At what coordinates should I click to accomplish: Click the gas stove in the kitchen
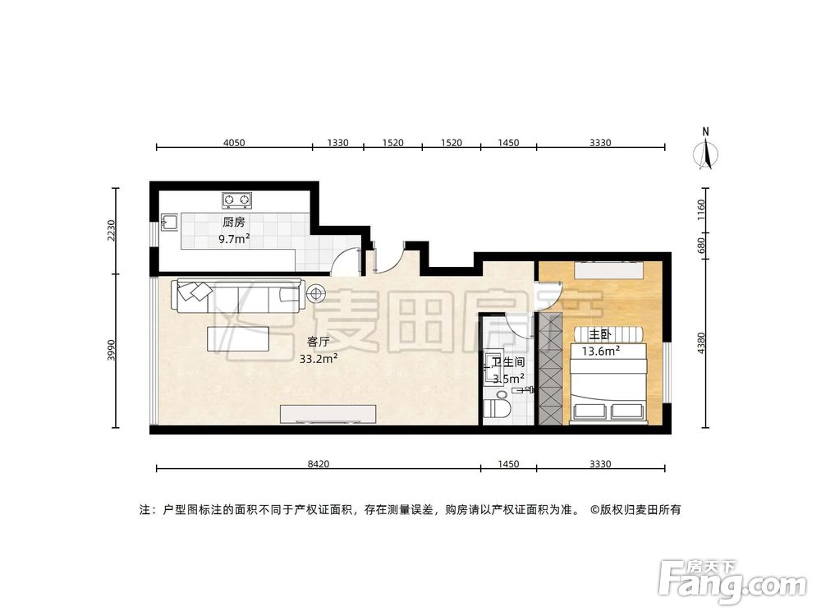[236, 200]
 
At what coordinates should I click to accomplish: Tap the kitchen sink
[170, 222]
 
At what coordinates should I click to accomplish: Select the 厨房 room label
[233, 223]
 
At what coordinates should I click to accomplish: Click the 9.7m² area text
[233, 239]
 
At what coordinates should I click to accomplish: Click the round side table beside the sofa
[316, 292]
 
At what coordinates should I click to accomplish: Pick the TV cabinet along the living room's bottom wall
[328, 413]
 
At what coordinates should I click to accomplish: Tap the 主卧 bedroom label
[599, 335]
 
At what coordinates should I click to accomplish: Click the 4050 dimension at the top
[234, 143]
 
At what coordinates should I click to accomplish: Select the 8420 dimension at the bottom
[319, 464]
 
